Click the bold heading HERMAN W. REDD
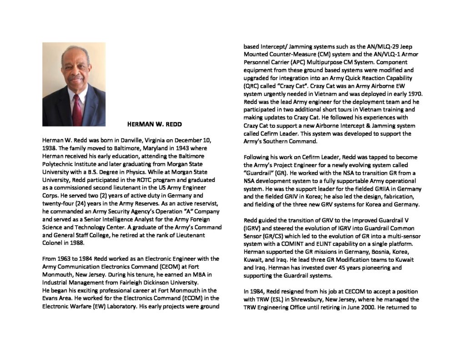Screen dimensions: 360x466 tap(150, 123)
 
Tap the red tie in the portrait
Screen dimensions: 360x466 tap(77, 110)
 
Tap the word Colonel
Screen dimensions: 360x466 tap(54, 243)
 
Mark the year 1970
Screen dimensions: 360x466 tap(408, 94)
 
